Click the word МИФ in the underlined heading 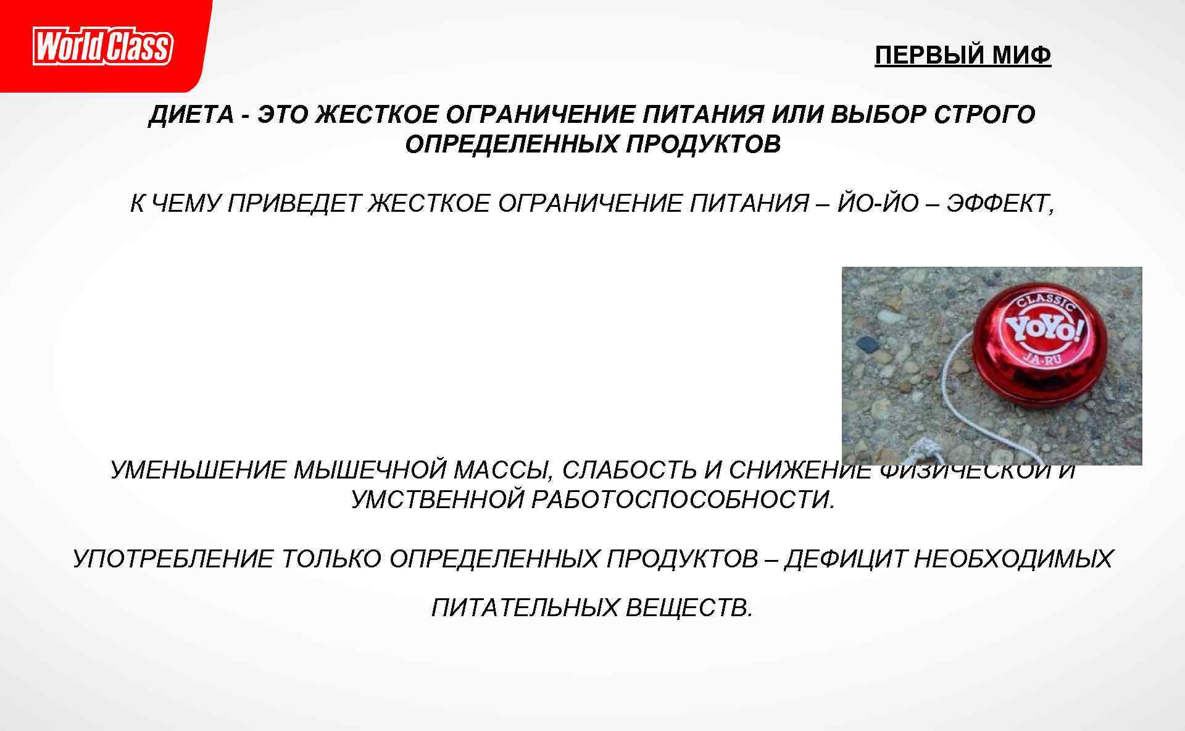pos(1021,56)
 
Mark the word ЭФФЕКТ pos(1000,203)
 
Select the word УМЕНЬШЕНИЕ pos(197,470)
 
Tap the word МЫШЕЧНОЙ pos(370,470)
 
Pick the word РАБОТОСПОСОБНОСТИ pos(683,499)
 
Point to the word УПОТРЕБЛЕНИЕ pos(173,559)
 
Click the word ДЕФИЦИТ pos(845,559)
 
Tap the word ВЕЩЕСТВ pos(690,608)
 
